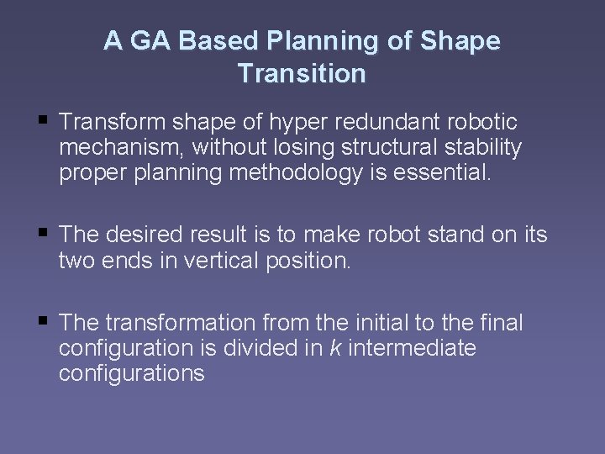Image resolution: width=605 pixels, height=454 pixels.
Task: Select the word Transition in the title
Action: pyautogui.click(x=302, y=74)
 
